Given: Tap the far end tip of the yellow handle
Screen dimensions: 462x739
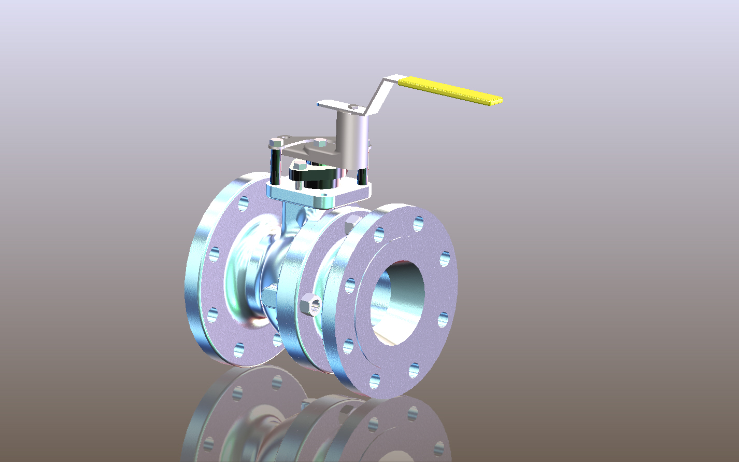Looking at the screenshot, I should (499, 100).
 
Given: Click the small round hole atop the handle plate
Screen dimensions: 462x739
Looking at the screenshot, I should (353, 107).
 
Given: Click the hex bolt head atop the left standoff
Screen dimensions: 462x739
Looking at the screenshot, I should (276, 142).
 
